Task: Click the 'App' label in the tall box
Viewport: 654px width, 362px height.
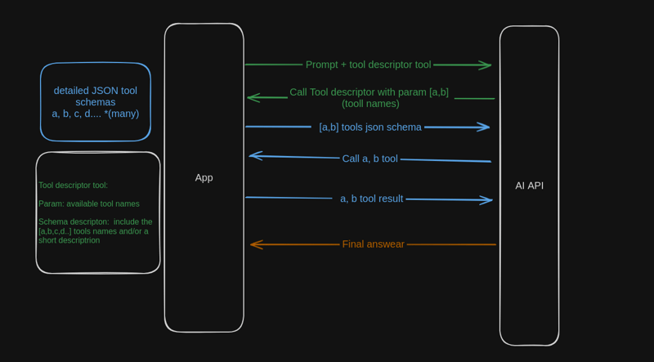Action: [204, 177]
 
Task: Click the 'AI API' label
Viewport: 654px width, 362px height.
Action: [529, 185]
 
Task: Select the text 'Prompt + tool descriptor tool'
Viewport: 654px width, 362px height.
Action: [368, 65]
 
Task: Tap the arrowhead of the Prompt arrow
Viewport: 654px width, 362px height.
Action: [486, 65]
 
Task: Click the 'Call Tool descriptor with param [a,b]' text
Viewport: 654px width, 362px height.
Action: [369, 92]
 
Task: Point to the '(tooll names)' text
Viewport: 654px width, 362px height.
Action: [370, 104]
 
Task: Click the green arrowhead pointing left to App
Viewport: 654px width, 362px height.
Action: [253, 98]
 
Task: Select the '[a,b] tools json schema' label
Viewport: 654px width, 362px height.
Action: [370, 127]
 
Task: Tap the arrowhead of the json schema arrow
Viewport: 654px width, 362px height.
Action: [484, 127]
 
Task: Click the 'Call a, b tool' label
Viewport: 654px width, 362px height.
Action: [370, 159]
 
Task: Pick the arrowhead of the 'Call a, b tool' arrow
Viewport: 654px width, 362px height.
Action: [254, 155]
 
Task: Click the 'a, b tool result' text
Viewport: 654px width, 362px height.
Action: [371, 198]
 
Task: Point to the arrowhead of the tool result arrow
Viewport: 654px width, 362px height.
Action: [487, 199]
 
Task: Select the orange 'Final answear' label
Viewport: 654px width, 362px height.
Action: [373, 244]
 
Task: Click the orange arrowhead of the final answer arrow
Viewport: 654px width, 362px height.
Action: [255, 244]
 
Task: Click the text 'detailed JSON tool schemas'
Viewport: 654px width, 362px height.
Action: [96, 96]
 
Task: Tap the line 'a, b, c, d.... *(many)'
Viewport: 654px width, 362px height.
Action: [96, 114]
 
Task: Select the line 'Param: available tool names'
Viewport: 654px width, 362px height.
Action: [88, 203]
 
